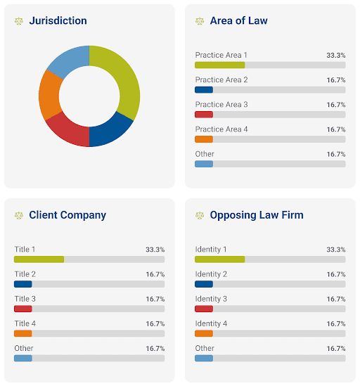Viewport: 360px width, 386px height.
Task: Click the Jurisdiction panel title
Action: (x=58, y=20)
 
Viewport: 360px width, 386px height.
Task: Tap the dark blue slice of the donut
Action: (x=112, y=130)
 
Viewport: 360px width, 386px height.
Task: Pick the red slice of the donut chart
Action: (x=68, y=130)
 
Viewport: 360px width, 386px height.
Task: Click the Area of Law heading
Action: (x=238, y=20)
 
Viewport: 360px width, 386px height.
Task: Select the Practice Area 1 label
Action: (x=221, y=55)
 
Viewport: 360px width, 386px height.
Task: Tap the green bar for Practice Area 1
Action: (x=219, y=65)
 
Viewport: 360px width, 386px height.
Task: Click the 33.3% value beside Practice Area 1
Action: (x=335, y=55)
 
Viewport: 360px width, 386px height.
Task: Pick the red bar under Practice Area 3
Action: (x=203, y=115)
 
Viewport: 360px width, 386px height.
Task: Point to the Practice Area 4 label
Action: (x=221, y=129)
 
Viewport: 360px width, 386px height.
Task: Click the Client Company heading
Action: (x=67, y=215)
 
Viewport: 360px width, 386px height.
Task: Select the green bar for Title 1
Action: (x=39, y=259)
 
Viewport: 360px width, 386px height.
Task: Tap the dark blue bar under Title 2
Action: (x=23, y=284)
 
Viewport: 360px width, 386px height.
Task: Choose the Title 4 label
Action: (x=25, y=323)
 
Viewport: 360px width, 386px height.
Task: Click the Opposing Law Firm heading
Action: (x=257, y=215)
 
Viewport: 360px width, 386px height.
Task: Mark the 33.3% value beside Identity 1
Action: (x=335, y=250)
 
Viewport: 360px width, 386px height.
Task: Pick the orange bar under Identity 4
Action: (x=203, y=333)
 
